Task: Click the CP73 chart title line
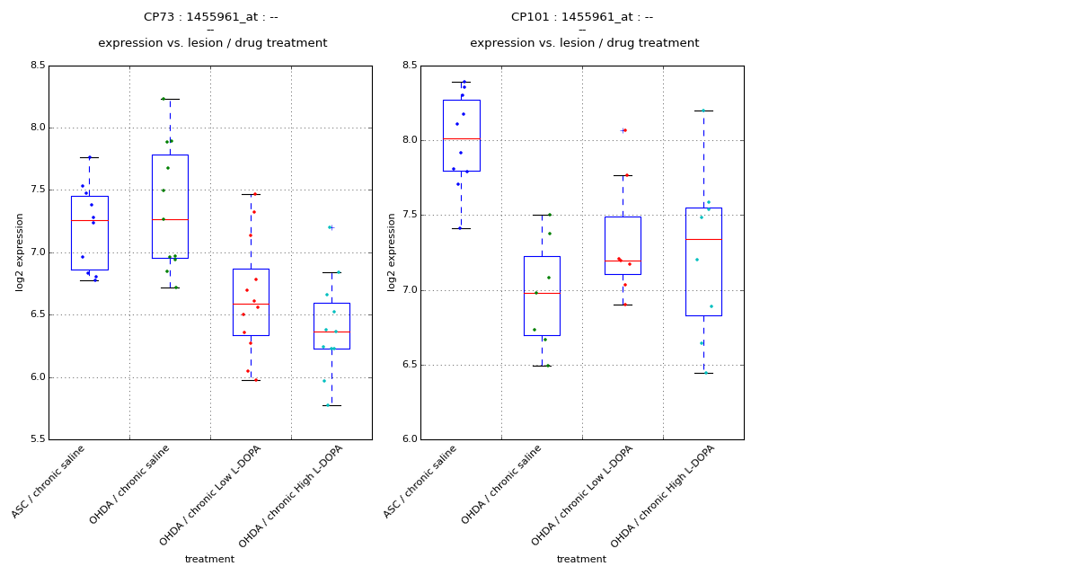(x=211, y=17)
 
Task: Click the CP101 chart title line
(x=582, y=17)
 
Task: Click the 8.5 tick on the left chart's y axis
(x=37, y=66)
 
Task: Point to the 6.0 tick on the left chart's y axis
(x=37, y=377)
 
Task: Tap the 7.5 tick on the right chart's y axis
(x=409, y=216)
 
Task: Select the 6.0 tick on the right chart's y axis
(x=409, y=439)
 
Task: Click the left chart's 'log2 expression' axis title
(x=20, y=252)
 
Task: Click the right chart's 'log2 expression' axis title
(x=392, y=252)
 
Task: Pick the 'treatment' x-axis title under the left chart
(x=209, y=560)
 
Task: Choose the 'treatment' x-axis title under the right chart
(x=581, y=560)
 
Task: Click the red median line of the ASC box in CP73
(x=89, y=220)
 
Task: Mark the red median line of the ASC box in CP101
(x=461, y=138)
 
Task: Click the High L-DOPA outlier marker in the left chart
(x=331, y=227)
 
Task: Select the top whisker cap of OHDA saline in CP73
(x=170, y=99)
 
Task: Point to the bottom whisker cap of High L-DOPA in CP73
(x=331, y=405)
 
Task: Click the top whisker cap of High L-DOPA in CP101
(x=703, y=111)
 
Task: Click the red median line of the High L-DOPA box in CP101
(x=703, y=239)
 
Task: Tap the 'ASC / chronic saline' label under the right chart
(x=422, y=481)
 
